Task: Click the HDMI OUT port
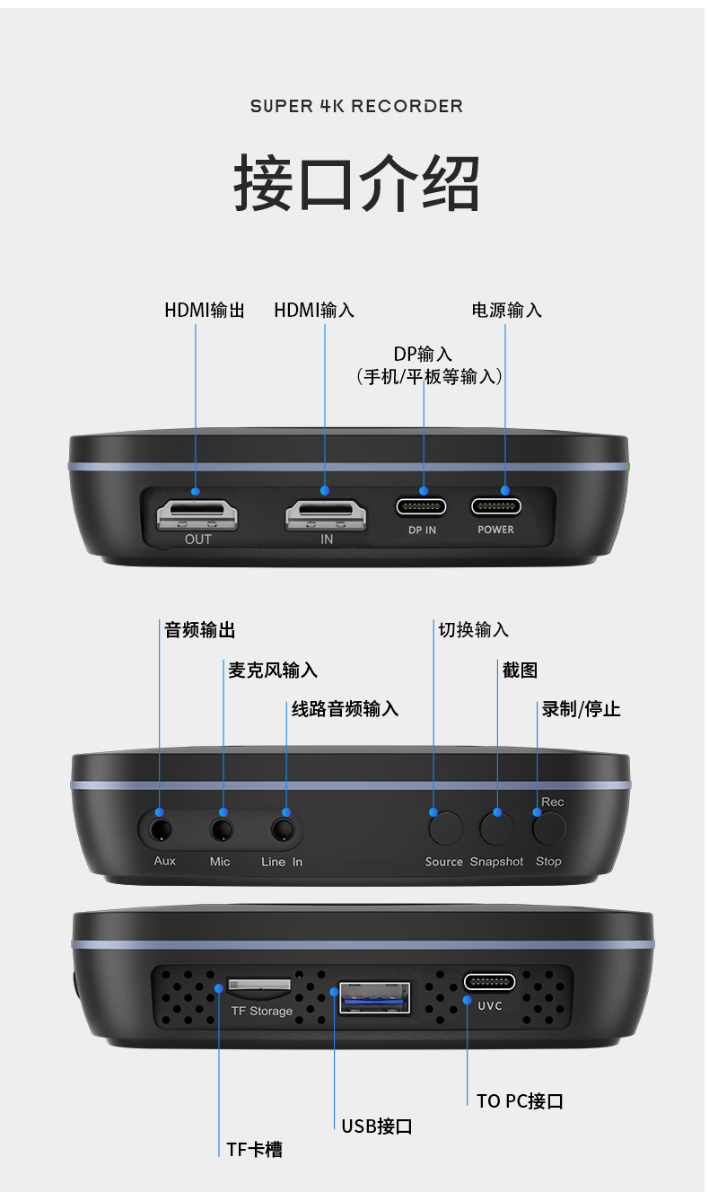point(197,514)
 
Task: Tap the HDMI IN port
point(326,514)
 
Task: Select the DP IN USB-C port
point(421,506)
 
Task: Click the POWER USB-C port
point(496,506)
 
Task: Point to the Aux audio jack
point(160,829)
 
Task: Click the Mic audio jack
point(222,829)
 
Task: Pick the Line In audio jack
point(283,829)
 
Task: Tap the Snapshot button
point(496,828)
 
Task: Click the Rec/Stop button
point(549,828)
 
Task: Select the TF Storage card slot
point(259,986)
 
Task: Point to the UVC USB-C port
point(489,982)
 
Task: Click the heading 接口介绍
point(356,182)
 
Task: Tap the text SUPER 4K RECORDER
point(356,106)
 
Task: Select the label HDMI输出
point(205,311)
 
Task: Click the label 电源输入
point(506,311)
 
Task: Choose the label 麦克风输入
point(272,670)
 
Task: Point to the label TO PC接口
point(520,1101)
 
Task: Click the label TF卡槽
point(254,1150)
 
